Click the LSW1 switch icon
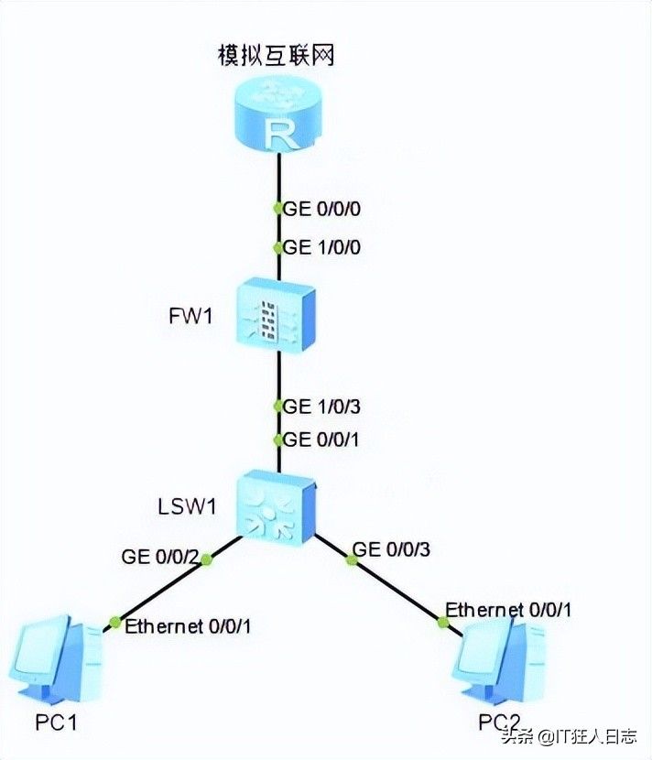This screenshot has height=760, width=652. coord(277,505)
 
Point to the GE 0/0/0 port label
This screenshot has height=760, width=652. coord(322,209)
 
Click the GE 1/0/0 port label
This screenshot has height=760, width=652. coord(322,247)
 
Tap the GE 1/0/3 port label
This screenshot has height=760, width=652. coord(322,406)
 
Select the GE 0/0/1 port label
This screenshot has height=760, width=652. coord(322,440)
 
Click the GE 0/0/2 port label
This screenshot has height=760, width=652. coord(159,556)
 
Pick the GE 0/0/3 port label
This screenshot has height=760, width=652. coord(391,549)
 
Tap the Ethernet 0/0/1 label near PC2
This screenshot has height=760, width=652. coord(510,609)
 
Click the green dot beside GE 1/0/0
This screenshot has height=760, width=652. coord(278,248)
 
